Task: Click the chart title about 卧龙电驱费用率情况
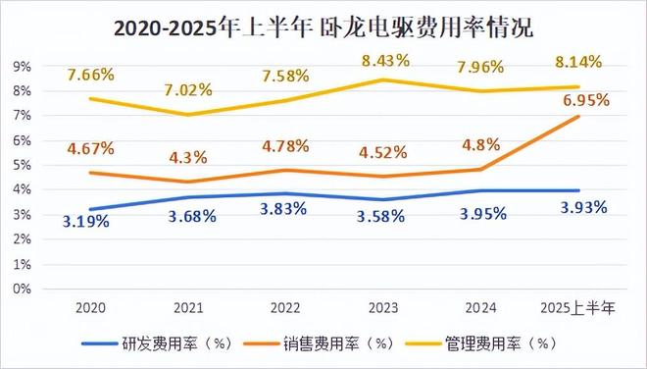(x=323, y=26)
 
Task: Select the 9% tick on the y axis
(x=22, y=66)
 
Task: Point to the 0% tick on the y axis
(x=22, y=290)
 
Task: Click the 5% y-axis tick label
(x=22, y=165)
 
